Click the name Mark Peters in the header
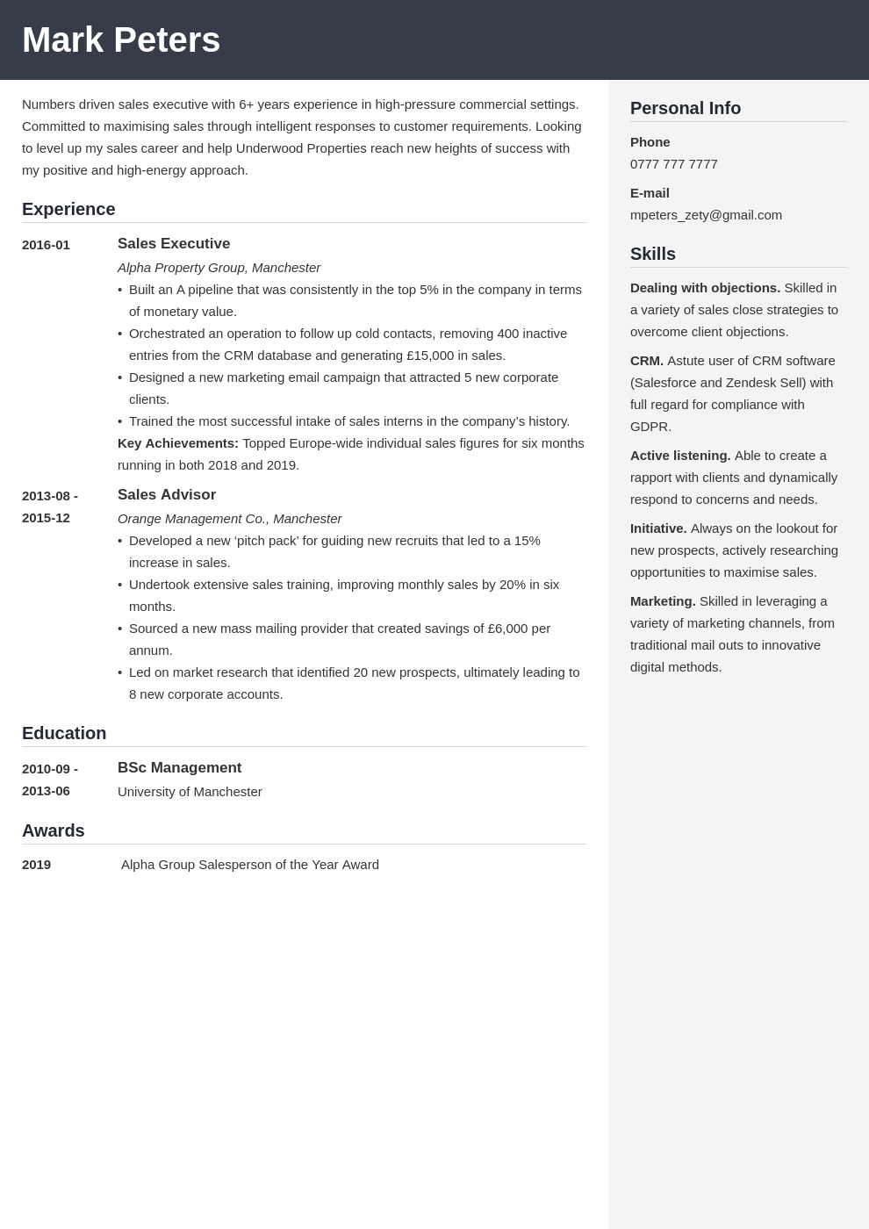point(121,40)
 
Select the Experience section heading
point(68,209)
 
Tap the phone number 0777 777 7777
point(673,164)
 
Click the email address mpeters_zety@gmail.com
point(706,215)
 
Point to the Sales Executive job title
point(174,244)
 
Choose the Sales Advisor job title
point(167,495)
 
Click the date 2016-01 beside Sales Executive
point(46,245)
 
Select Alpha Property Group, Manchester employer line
point(219,268)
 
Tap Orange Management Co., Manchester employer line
point(229,519)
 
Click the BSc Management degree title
point(179,768)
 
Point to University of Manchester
point(190,792)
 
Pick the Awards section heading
point(54,830)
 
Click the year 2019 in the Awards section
point(37,865)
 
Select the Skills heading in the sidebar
point(653,254)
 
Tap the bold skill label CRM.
point(647,361)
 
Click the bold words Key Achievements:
point(178,443)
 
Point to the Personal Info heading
point(686,108)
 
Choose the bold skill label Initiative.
point(658,528)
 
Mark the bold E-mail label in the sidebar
point(650,193)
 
